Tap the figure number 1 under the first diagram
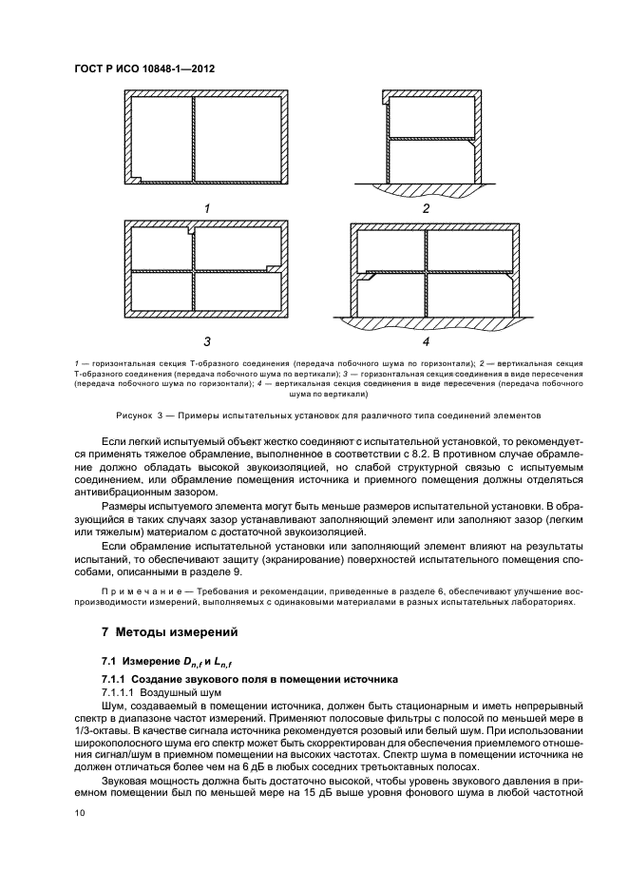click(205, 207)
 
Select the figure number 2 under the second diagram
click(426, 208)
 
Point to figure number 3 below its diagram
click(206, 339)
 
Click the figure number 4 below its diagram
click(426, 340)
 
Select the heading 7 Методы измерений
click(170, 631)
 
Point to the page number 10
click(80, 811)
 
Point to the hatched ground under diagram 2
click(426, 188)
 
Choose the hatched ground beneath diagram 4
click(432, 324)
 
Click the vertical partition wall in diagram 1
click(194, 138)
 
